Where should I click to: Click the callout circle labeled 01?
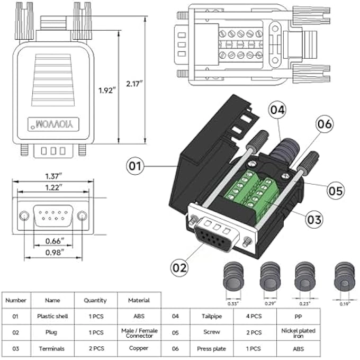(136, 166)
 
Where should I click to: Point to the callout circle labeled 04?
(277, 110)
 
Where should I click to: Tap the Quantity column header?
(95, 300)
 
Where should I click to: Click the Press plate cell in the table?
(211, 349)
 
